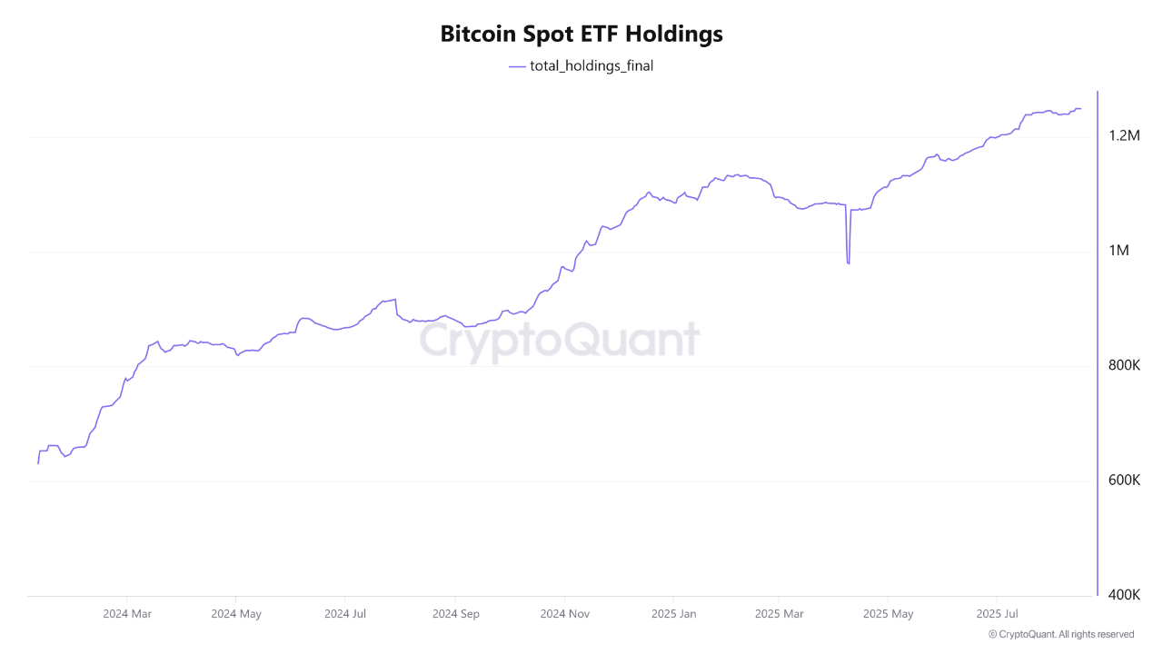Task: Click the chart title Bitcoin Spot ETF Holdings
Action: [581, 35]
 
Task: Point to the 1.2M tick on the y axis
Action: [1124, 136]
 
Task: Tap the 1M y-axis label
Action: [1118, 251]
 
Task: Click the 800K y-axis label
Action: [1124, 365]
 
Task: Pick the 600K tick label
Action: [1124, 481]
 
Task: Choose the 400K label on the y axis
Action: [1124, 595]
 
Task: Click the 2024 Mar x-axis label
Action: [127, 614]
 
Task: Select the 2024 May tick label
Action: [236, 614]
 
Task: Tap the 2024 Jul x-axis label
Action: [345, 614]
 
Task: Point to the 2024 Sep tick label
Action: [455, 614]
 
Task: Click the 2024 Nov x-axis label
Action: [565, 614]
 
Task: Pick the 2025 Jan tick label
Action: [674, 614]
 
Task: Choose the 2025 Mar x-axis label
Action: [780, 614]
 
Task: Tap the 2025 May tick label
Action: [890, 614]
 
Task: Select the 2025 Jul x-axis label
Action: [997, 614]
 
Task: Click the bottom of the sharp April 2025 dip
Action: [848, 263]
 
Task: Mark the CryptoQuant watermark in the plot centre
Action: [559, 341]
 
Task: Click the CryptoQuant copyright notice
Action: [1060, 635]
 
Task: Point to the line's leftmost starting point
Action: [38, 463]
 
